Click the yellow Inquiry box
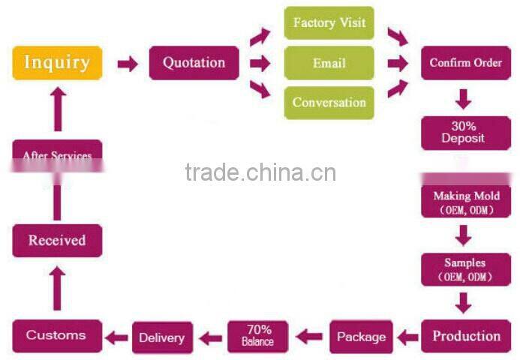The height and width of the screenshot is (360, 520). click(x=57, y=63)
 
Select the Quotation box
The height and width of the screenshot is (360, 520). click(x=194, y=63)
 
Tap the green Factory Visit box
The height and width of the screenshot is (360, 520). click(x=329, y=23)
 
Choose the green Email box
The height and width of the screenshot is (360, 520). click(x=329, y=63)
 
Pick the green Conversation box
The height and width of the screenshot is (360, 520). click(x=329, y=103)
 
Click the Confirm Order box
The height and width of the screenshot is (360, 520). click(x=465, y=63)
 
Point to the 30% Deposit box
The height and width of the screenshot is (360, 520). click(x=463, y=132)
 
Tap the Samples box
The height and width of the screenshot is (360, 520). click(x=465, y=268)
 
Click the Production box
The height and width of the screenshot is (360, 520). click(x=466, y=336)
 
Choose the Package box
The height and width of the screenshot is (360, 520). click(x=361, y=337)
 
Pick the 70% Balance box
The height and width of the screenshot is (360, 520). click(x=257, y=336)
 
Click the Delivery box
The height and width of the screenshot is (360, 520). click(x=162, y=337)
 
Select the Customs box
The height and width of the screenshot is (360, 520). click(x=56, y=335)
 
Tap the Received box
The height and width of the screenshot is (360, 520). click(x=57, y=241)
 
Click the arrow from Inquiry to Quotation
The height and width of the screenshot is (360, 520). click(x=128, y=64)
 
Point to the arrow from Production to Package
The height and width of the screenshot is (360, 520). click(x=407, y=337)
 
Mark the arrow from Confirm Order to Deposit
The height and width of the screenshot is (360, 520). click(x=464, y=98)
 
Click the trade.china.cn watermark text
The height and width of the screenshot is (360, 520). click(x=260, y=172)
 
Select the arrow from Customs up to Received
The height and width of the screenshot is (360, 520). click(x=57, y=289)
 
